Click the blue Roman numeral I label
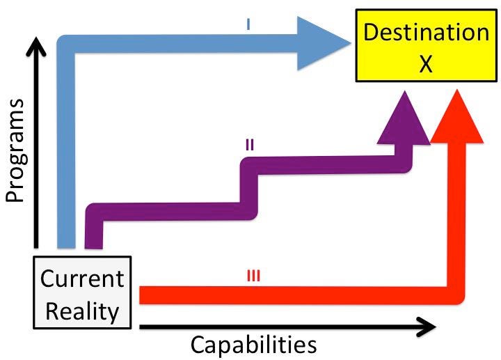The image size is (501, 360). pos(248,24)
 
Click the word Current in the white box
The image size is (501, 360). pos(82,279)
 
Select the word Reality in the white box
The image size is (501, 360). pos(82,310)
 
